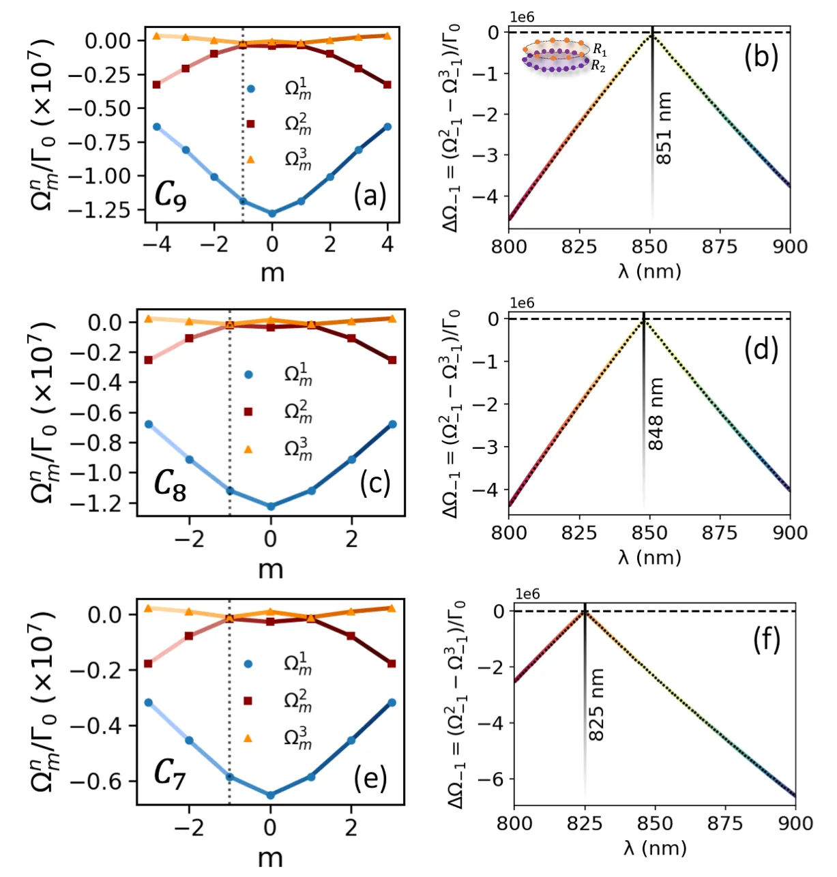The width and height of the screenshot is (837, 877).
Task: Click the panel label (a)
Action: [370, 196]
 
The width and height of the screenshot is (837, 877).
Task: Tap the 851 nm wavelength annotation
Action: [664, 128]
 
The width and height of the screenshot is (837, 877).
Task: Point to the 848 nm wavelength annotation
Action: [656, 414]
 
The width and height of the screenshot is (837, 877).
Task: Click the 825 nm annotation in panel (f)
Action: [596, 705]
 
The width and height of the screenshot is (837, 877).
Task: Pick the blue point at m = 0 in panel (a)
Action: [272, 213]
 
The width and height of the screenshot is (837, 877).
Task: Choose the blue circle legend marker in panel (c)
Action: [249, 374]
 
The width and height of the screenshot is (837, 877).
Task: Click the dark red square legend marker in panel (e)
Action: [248, 700]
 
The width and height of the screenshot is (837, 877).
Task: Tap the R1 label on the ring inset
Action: [600, 50]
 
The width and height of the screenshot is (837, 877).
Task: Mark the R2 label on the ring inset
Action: [598, 66]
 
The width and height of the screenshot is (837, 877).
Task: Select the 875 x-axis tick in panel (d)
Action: [720, 533]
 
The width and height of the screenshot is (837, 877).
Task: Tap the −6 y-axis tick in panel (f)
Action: [495, 779]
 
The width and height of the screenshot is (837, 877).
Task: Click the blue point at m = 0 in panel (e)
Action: [270, 795]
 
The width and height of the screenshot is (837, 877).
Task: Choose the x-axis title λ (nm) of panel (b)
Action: [649, 271]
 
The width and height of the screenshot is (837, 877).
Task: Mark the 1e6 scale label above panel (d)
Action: [522, 303]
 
